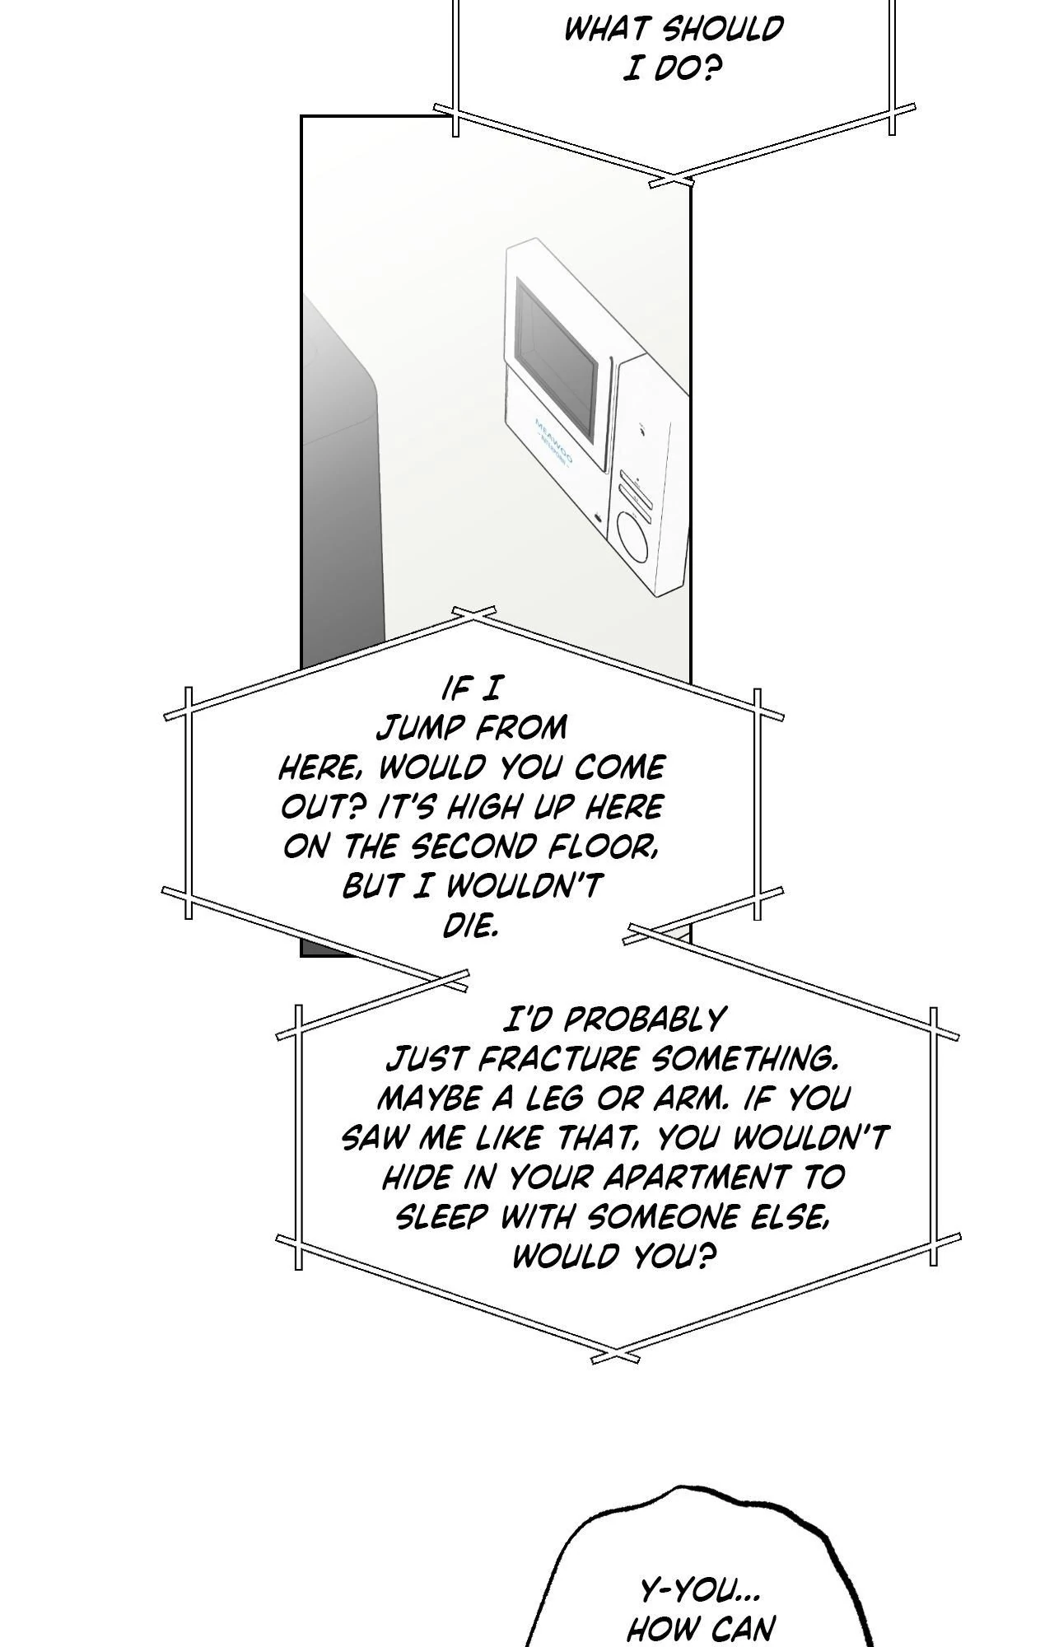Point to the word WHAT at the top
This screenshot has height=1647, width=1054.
607,30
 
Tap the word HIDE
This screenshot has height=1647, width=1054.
413,1178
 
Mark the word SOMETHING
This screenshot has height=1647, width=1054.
749,1059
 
